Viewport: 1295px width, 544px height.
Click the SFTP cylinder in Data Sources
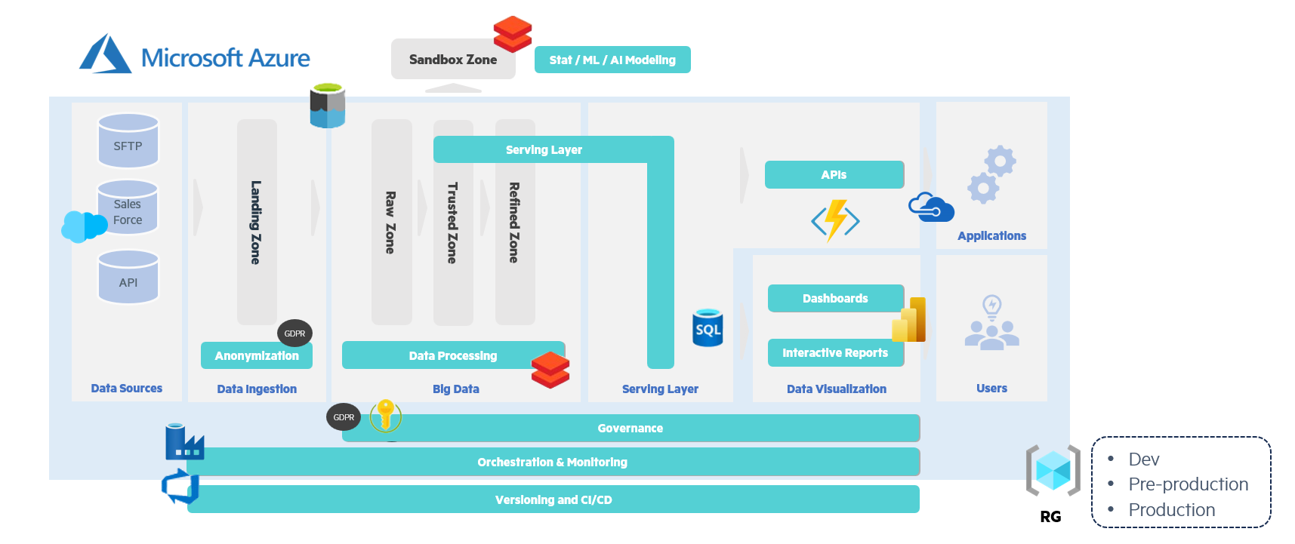click(x=128, y=140)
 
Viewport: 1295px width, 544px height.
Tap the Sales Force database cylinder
click(x=128, y=207)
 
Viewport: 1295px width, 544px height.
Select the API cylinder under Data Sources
click(x=128, y=277)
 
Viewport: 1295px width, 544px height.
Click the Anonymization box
click(x=256, y=355)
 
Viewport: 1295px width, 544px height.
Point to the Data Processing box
click(x=452, y=355)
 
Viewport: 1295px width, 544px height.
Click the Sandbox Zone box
click(x=452, y=60)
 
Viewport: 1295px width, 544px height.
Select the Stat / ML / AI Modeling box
click(x=612, y=60)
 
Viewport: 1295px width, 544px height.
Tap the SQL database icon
click(x=708, y=328)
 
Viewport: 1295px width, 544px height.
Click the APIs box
click(x=834, y=174)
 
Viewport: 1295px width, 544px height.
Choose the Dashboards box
click(x=834, y=298)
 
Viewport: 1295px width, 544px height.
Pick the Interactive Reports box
click(x=834, y=352)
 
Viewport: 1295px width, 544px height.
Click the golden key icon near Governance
click(x=386, y=415)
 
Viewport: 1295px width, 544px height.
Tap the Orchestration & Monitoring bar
click(x=552, y=462)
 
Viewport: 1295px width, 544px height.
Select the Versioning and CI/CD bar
click(x=553, y=499)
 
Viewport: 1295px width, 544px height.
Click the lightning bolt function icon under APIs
click(x=835, y=220)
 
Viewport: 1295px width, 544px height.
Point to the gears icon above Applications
click(x=992, y=174)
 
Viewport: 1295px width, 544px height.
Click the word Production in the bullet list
click(x=1171, y=510)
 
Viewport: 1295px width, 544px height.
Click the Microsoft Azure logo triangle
click(x=106, y=54)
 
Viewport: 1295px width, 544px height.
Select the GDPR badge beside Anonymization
click(x=294, y=333)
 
